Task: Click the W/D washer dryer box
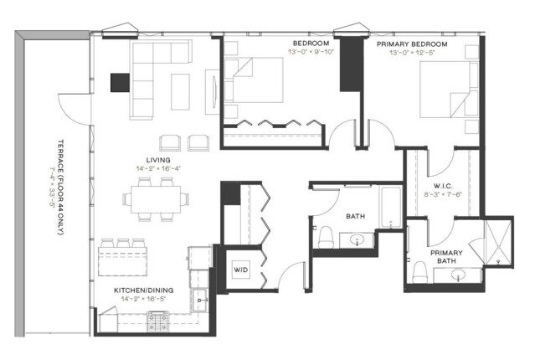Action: pyautogui.click(x=240, y=270)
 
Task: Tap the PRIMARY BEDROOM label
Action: pyautogui.click(x=412, y=44)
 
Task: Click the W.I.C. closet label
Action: pyautogui.click(x=443, y=186)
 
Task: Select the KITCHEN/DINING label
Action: pyautogui.click(x=144, y=291)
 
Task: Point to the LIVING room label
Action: pyautogui.click(x=158, y=160)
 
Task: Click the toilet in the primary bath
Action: pyautogui.click(x=419, y=272)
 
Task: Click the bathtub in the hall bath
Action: pyautogui.click(x=391, y=207)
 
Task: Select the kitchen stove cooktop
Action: pyautogui.click(x=157, y=321)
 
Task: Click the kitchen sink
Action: pyautogui.click(x=199, y=300)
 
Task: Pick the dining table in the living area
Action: pyautogui.click(x=156, y=199)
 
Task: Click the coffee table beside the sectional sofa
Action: pyautogui.click(x=180, y=92)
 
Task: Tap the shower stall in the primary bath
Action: pyautogui.click(x=498, y=242)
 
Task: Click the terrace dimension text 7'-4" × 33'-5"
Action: pyautogui.click(x=52, y=187)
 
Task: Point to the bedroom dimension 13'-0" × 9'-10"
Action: pyautogui.click(x=311, y=52)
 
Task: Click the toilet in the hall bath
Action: pyautogui.click(x=326, y=237)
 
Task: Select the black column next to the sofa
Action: pyautogui.click(x=120, y=83)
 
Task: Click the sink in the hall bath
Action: pyautogui.click(x=358, y=239)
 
